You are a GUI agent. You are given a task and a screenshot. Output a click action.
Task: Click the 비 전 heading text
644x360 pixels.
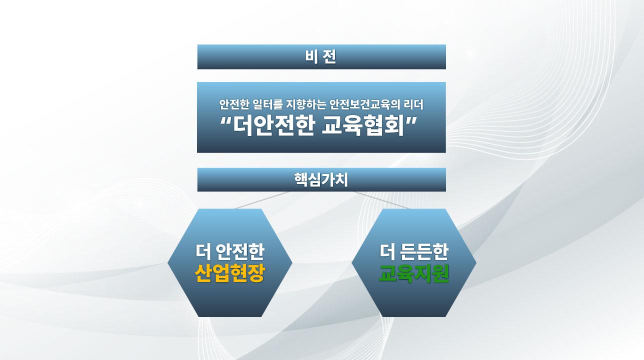tap(320, 57)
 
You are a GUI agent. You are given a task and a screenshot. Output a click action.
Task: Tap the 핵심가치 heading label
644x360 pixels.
tap(321, 180)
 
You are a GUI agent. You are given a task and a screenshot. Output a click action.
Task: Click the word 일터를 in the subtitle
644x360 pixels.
tap(267, 104)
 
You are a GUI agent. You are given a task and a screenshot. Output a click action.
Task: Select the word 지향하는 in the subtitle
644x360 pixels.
tap(306, 104)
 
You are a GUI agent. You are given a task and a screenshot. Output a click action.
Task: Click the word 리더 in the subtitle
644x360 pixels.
tap(413, 104)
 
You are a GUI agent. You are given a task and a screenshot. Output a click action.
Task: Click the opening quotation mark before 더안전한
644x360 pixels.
tap(226, 121)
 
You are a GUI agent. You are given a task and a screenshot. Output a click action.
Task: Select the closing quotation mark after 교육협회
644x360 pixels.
tap(411, 121)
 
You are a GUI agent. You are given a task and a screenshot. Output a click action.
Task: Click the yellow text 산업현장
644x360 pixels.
tap(229, 273)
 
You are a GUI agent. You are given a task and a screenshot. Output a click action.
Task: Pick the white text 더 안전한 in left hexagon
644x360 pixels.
tap(229, 251)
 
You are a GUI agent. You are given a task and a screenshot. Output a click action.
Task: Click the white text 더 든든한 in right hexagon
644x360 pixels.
tap(414, 251)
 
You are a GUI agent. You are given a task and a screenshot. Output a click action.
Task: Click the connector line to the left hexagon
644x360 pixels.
tap(262, 200)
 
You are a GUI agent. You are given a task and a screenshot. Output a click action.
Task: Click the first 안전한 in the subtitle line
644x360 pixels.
tap(234, 104)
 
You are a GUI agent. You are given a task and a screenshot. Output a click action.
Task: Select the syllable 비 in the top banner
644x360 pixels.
tap(311, 57)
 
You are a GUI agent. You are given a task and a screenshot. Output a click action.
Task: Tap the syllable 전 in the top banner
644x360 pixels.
tap(329, 57)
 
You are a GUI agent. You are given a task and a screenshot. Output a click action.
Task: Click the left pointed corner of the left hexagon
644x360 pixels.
tap(167, 263)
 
